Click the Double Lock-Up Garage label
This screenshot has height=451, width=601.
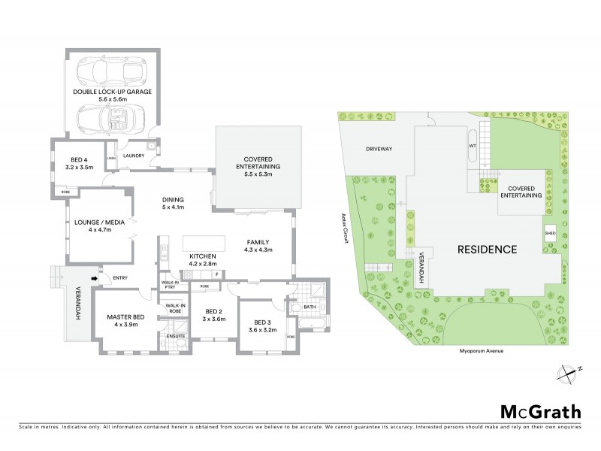113,91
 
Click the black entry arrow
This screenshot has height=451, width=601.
93,278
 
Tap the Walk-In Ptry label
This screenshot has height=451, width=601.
170,285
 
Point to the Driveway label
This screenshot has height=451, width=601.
379,149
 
